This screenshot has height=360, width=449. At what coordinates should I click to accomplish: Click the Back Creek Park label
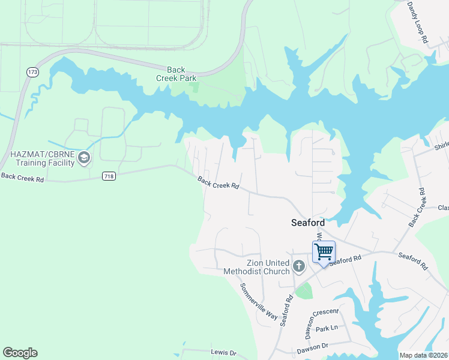click(x=176, y=74)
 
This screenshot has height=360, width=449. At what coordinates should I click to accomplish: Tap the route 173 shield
click(x=32, y=72)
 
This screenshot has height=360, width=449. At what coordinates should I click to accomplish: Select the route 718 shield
click(x=109, y=176)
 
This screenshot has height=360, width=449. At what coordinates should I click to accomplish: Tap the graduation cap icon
click(x=84, y=158)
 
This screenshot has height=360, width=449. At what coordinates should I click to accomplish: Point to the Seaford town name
click(x=307, y=223)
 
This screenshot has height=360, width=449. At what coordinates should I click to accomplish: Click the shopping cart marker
click(x=324, y=252)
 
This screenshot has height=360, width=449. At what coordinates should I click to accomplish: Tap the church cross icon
click(x=299, y=265)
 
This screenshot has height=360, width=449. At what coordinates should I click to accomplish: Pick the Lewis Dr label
click(x=223, y=353)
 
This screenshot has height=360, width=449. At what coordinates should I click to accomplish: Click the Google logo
click(x=20, y=353)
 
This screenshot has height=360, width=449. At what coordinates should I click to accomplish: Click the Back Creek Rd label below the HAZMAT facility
click(x=22, y=178)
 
